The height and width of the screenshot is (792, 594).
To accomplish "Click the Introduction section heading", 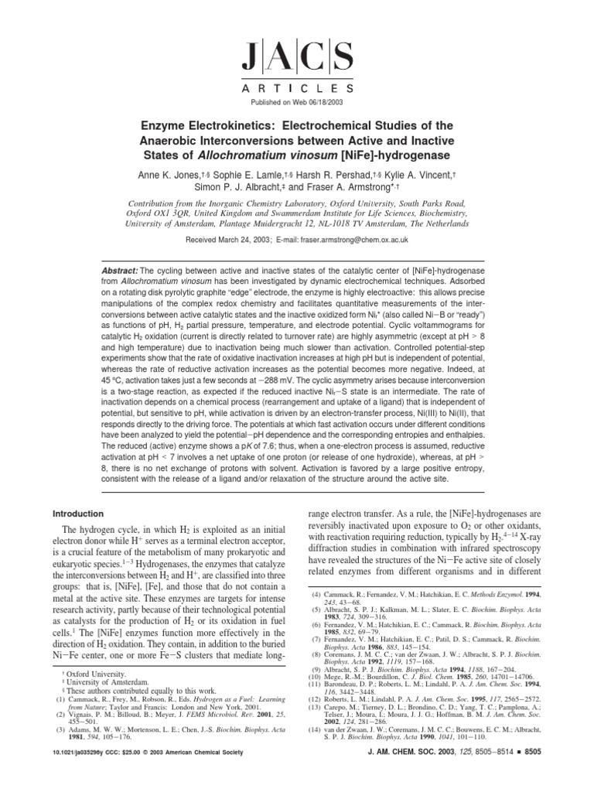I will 77,513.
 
